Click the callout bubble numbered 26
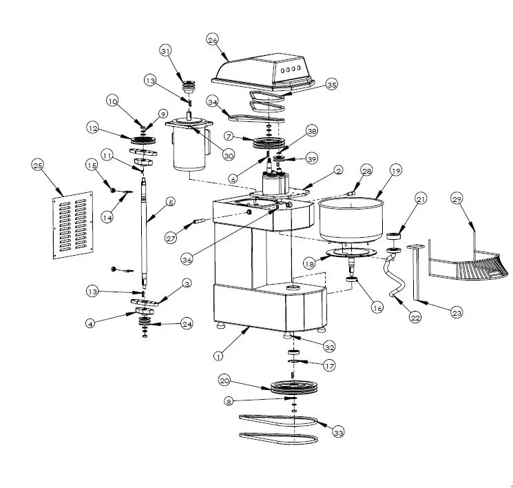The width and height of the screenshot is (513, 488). click(213, 40)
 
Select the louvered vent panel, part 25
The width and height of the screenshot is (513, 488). click(73, 225)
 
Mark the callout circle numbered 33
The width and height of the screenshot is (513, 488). click(337, 432)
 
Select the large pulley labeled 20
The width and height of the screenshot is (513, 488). click(292, 387)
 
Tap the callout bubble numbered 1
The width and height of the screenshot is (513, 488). click(218, 356)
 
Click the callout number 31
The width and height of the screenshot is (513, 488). click(165, 51)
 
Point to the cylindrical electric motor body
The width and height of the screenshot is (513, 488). click(186, 154)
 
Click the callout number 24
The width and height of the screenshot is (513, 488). click(187, 324)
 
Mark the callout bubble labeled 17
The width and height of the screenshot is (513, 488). click(328, 366)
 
